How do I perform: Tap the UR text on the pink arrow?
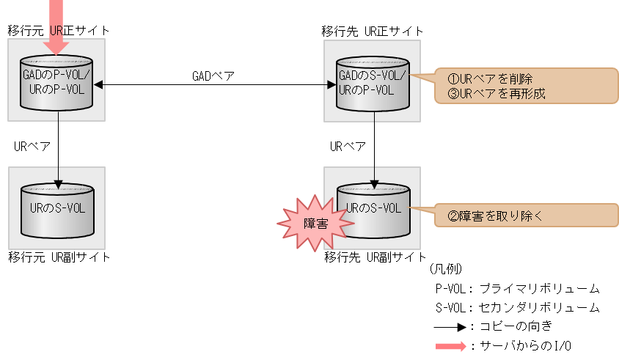click(56, 31)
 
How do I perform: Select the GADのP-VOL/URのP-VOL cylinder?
click(57, 83)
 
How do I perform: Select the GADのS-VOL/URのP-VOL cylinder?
click(373, 83)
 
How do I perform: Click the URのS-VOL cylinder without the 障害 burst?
click(57, 210)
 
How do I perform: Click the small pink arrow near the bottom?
click(451, 347)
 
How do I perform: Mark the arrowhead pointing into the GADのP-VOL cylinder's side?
click(98, 84)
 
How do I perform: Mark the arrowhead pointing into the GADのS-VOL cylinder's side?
click(331, 84)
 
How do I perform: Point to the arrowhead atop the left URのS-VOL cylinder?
click(58, 183)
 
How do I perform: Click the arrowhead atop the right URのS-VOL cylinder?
click(374, 183)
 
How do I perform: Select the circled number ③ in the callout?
click(453, 94)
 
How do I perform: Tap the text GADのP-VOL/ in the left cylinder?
click(57, 76)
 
